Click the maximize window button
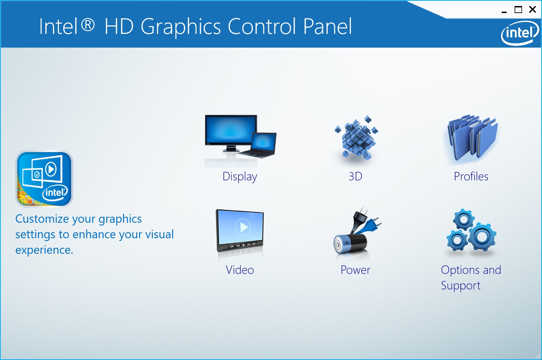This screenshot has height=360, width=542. coord(518,10)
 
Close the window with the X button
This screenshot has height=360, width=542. coord(532,10)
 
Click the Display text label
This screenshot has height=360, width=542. coord(240,176)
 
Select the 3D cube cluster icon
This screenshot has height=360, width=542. coord(356,138)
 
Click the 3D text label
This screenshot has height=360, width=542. coord(355,176)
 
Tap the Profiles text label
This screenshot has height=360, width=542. coord(471,176)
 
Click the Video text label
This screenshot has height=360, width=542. coord(240,270)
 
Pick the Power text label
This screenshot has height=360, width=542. coord(355,270)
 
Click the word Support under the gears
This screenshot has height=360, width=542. coord(460,286)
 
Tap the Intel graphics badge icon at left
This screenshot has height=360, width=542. coord(44,179)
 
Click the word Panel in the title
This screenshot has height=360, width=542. coord(327,26)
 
